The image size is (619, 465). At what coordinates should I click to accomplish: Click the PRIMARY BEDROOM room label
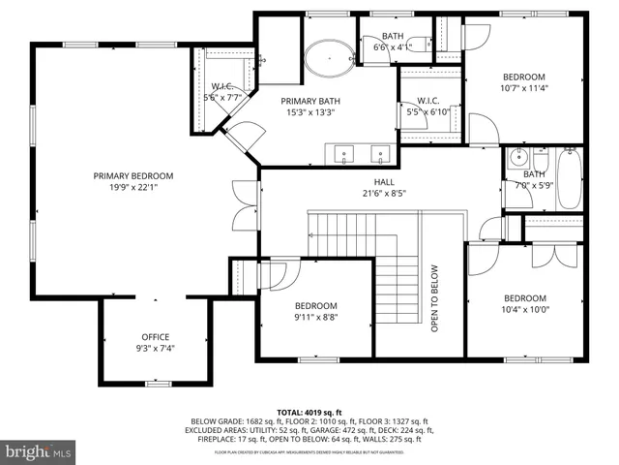(x=133, y=175)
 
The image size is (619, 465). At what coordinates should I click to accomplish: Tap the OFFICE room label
(x=155, y=337)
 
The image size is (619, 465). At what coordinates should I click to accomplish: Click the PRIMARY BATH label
(x=309, y=100)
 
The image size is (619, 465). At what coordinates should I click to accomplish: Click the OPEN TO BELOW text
(x=435, y=298)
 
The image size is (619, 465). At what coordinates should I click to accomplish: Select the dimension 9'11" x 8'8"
(x=315, y=315)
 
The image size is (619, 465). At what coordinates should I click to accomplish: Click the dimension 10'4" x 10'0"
(x=525, y=310)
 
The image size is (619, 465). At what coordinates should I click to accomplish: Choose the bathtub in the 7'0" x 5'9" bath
(x=568, y=179)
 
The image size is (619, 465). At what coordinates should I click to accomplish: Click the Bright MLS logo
(x=39, y=451)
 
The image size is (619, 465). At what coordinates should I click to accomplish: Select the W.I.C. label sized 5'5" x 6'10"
(x=428, y=112)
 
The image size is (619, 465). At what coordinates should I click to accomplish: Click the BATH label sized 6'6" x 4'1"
(x=393, y=46)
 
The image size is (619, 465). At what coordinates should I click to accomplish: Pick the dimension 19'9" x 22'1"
(x=133, y=187)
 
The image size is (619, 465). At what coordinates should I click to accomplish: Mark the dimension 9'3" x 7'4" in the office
(x=155, y=348)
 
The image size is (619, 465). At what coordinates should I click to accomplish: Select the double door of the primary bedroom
(x=245, y=205)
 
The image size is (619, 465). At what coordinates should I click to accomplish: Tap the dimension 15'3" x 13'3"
(x=309, y=111)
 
